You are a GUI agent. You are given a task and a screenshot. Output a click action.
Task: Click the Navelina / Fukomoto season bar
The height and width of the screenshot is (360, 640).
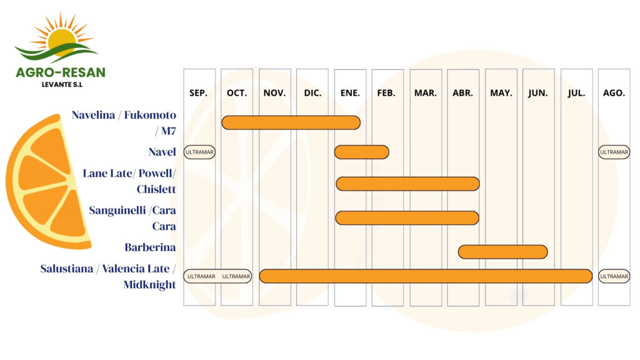[x=291, y=122]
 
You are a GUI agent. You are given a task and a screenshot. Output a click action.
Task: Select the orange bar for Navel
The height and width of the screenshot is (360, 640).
[x=361, y=152]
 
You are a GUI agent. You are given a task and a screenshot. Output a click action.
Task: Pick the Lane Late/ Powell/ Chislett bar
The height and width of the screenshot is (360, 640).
[x=407, y=184]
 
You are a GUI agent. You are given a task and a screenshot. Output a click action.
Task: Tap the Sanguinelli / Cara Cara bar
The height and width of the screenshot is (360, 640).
[x=407, y=217]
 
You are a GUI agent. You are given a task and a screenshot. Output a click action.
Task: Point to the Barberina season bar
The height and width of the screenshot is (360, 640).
[x=502, y=252]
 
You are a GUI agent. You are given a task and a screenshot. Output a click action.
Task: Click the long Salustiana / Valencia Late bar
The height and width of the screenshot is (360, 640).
[x=426, y=276]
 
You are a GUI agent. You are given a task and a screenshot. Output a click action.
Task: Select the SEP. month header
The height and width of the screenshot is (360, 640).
[x=198, y=93]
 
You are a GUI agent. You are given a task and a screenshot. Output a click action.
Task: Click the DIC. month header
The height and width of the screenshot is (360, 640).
[x=312, y=93]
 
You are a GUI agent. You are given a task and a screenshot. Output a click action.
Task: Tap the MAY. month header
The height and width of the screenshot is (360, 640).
[x=501, y=93]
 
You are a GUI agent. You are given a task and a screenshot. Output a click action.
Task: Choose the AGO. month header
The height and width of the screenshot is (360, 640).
[x=614, y=93]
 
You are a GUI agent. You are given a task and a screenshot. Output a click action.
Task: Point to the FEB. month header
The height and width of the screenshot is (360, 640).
[x=386, y=93]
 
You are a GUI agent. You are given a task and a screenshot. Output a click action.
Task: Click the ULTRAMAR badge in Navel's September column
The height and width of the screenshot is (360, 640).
[x=199, y=152]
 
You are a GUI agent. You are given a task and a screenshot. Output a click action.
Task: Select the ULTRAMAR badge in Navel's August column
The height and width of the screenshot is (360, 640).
[x=614, y=152]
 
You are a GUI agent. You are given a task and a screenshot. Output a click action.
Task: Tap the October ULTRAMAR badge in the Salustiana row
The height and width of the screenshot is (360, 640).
[x=236, y=276]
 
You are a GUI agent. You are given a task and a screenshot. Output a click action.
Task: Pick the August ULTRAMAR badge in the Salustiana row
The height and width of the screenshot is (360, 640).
[x=614, y=276]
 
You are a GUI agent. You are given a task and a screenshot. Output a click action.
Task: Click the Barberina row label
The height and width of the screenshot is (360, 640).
[x=150, y=247]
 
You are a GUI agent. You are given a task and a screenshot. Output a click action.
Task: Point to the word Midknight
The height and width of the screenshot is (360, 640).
[x=149, y=285]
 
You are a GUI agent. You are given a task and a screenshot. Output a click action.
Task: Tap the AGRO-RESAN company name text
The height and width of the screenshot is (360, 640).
[x=61, y=72]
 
